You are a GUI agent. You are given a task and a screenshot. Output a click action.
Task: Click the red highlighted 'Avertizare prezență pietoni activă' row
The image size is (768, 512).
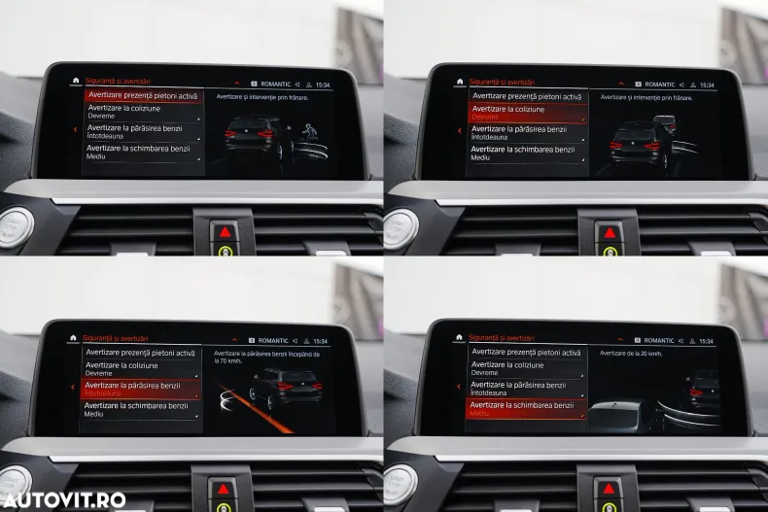tap(142, 96)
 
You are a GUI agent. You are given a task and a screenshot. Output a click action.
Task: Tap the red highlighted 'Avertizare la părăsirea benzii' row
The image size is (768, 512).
tap(141, 389)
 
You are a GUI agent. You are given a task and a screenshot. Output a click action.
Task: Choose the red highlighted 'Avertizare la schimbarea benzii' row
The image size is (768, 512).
tap(526, 409)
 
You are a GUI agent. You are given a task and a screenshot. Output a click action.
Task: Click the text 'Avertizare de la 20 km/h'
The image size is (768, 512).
tap(630, 354)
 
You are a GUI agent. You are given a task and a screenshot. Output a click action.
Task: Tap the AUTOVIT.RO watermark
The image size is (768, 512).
tap(63, 499)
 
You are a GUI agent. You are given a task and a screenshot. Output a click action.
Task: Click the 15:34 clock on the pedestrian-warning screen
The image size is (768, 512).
tap(322, 85)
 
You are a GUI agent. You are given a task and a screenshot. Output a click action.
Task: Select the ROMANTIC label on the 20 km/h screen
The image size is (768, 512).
tap(659, 341)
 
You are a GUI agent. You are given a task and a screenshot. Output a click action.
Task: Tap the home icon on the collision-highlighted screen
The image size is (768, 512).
tap(460, 83)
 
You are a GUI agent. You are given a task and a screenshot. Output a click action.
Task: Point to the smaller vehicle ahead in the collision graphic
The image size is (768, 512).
tap(665, 122)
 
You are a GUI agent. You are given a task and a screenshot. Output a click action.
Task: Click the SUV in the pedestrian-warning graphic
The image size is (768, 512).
tap(257, 136)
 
